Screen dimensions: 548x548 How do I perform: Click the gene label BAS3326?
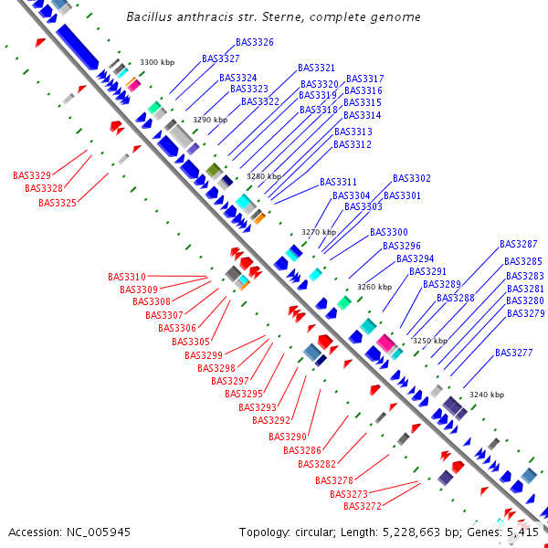(x=254, y=42)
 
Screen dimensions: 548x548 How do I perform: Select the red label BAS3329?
(x=32, y=174)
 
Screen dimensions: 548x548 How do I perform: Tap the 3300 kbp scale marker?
(x=156, y=62)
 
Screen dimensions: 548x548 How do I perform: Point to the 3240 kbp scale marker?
(x=486, y=395)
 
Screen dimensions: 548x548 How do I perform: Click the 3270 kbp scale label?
(x=320, y=232)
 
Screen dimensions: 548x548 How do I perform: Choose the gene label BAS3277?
(x=513, y=353)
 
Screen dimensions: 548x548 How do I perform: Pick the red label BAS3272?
(x=363, y=506)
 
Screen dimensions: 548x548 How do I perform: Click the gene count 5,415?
(x=522, y=532)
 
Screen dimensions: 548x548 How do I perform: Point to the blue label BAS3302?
(x=412, y=178)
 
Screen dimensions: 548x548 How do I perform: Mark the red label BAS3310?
(x=126, y=277)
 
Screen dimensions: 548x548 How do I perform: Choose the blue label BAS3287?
(x=519, y=244)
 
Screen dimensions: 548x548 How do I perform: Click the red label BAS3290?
(x=289, y=437)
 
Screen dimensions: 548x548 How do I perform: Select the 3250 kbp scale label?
(x=429, y=340)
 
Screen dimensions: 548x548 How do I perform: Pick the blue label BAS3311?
(x=339, y=182)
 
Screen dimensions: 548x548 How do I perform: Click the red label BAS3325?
(x=58, y=203)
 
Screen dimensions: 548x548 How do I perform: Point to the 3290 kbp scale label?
(x=209, y=120)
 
